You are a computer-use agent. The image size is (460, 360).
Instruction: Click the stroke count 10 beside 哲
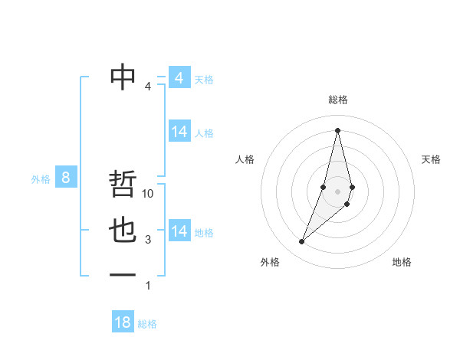point(149,194)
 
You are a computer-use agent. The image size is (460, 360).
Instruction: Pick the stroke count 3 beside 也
point(148,240)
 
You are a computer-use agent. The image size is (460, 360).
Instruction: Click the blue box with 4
point(179,78)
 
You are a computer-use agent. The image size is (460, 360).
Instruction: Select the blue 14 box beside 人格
point(179,132)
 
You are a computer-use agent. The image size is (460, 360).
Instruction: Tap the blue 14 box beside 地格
point(179,231)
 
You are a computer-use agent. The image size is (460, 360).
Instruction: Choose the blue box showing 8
point(66,178)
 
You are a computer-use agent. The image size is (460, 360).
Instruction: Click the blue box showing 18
point(123,322)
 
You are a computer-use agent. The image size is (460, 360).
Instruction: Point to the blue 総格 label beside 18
point(147,324)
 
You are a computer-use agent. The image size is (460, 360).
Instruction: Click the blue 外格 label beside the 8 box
point(41,179)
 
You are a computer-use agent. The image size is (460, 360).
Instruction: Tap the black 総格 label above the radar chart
point(338,100)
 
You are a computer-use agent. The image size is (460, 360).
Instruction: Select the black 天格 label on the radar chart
point(432,159)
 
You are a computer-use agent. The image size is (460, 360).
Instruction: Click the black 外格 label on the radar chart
point(270,262)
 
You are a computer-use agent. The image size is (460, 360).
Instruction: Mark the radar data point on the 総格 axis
point(337,130)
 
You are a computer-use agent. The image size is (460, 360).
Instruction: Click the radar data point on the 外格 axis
point(301,242)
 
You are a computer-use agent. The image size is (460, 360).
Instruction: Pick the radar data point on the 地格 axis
point(347,204)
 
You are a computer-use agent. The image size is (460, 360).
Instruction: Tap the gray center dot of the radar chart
point(337,190)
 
